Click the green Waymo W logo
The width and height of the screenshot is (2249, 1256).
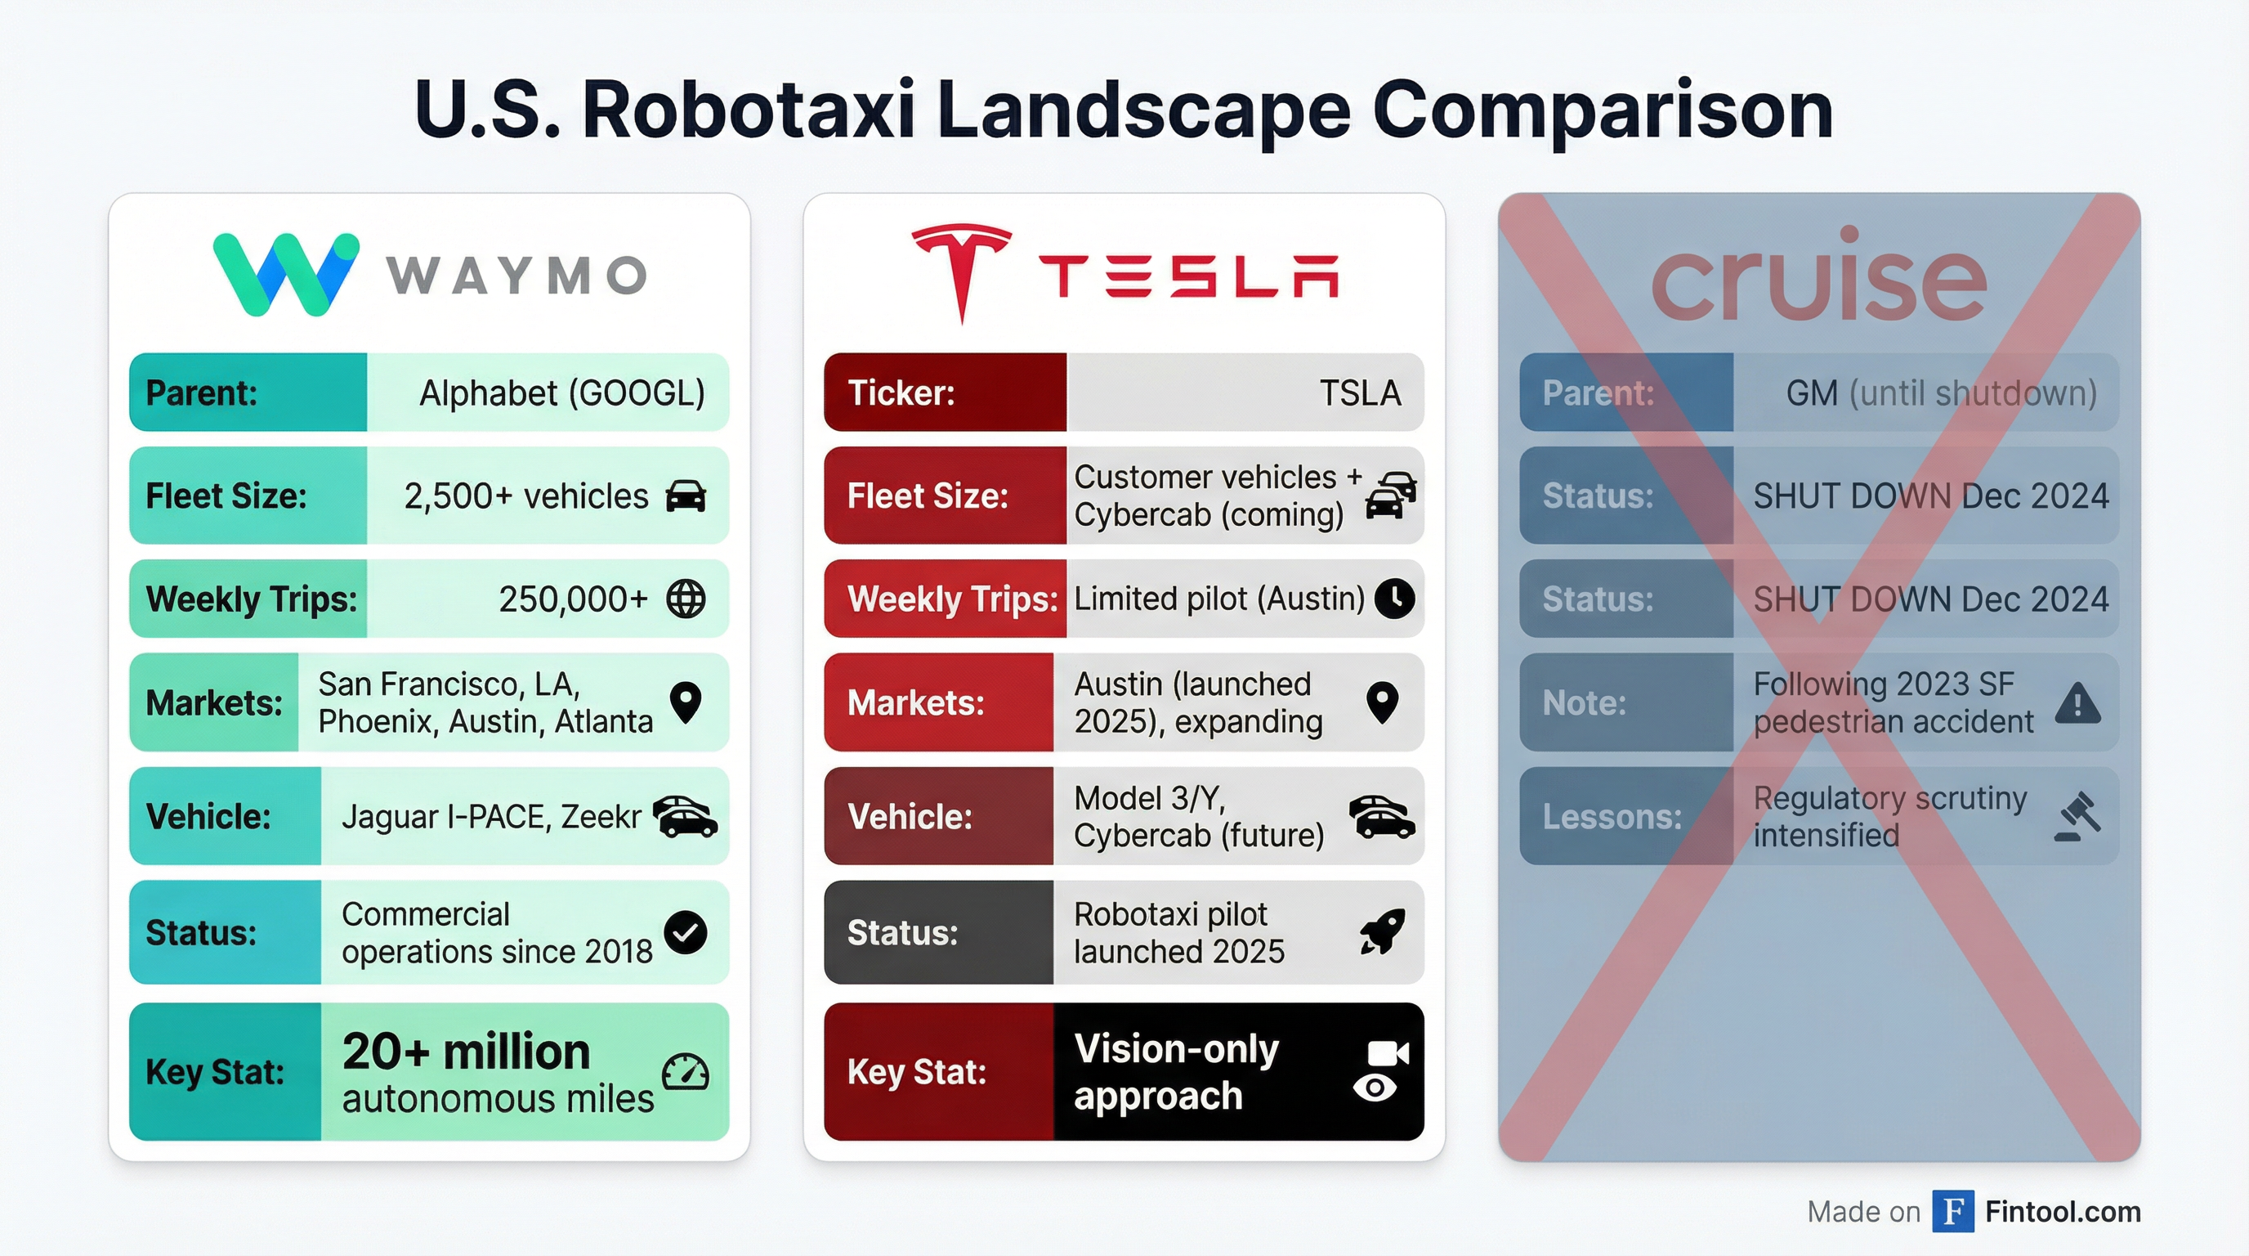tap(285, 274)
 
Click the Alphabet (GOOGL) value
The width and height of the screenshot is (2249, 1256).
tap(561, 393)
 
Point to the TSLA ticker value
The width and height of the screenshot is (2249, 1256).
tap(1359, 393)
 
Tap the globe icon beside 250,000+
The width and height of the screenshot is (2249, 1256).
tap(686, 599)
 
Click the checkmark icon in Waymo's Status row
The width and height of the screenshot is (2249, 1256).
tap(686, 932)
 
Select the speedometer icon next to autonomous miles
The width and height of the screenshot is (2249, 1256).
tap(686, 1073)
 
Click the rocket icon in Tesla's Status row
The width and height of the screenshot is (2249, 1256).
tap(1382, 932)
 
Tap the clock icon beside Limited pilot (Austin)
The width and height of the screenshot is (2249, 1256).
tap(1394, 599)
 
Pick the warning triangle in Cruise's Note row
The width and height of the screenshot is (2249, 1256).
tap(2077, 703)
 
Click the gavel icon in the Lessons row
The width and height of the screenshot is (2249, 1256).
tap(2077, 817)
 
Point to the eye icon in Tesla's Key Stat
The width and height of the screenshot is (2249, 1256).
tap(1375, 1088)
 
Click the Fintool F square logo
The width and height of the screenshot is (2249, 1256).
tap(1952, 1212)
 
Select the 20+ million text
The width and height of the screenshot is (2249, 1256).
tap(466, 1051)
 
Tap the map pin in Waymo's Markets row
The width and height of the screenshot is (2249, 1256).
tap(686, 702)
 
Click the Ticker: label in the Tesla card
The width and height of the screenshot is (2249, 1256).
tap(901, 393)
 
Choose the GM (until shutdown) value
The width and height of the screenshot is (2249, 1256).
tap(1941, 393)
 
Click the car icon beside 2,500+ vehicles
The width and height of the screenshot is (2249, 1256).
tap(686, 496)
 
